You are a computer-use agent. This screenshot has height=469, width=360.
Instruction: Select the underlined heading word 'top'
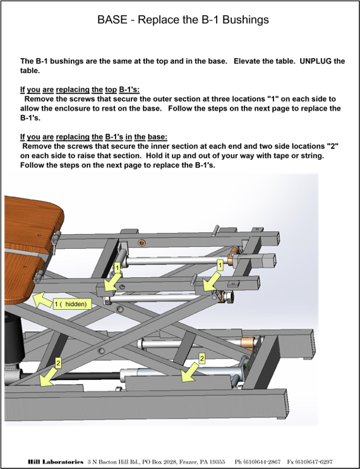(111, 90)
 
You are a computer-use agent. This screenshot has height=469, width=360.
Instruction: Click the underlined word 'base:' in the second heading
(157, 137)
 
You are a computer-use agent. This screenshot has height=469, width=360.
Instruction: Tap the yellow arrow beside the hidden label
(42, 300)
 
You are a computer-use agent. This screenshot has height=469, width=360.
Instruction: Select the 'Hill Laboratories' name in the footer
(56, 462)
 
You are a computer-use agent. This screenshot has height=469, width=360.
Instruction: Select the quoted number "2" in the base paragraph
(332, 146)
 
